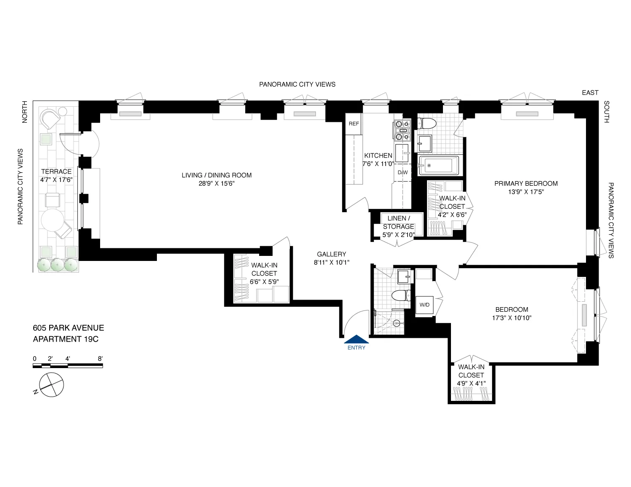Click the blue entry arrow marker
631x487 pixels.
pyautogui.click(x=356, y=339)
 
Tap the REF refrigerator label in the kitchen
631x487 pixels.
pyautogui.click(x=354, y=124)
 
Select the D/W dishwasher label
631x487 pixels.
pyautogui.click(x=403, y=173)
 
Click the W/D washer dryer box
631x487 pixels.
pyautogui.click(x=424, y=305)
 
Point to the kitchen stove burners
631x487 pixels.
pyautogui.click(x=402, y=130)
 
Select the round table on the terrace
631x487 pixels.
pyautogui.click(x=52, y=220)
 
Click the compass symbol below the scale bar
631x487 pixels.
pyautogui.click(x=51, y=384)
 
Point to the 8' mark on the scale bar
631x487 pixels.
pyautogui.click(x=100, y=359)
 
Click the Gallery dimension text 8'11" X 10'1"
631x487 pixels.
pyautogui.click(x=331, y=263)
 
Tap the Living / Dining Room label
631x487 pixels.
pyautogui.click(x=217, y=175)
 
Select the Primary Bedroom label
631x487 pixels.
pyautogui.click(x=526, y=184)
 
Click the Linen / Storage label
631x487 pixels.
pyautogui.click(x=398, y=222)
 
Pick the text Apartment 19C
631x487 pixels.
pyautogui.click(x=66, y=339)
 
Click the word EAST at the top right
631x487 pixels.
pyautogui.click(x=590, y=93)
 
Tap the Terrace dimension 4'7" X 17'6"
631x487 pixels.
pyautogui.click(x=56, y=180)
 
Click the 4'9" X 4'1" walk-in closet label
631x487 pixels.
pyautogui.click(x=471, y=383)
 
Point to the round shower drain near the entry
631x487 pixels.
pyautogui.click(x=396, y=323)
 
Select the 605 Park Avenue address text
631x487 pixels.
pyautogui.click(x=69, y=328)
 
